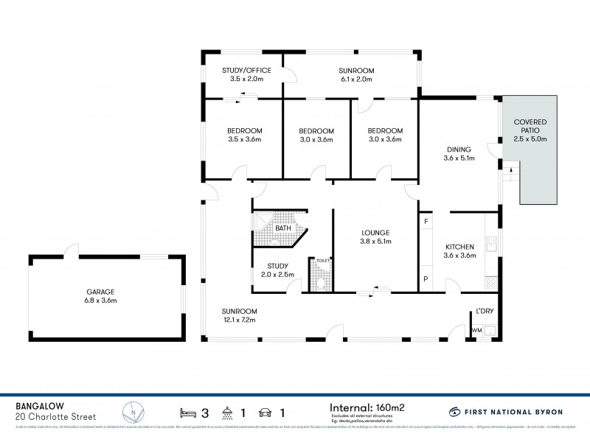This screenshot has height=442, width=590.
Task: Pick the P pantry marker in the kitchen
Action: pyautogui.click(x=426, y=278)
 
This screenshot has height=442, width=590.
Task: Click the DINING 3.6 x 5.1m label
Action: pyautogui.click(x=458, y=153)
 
